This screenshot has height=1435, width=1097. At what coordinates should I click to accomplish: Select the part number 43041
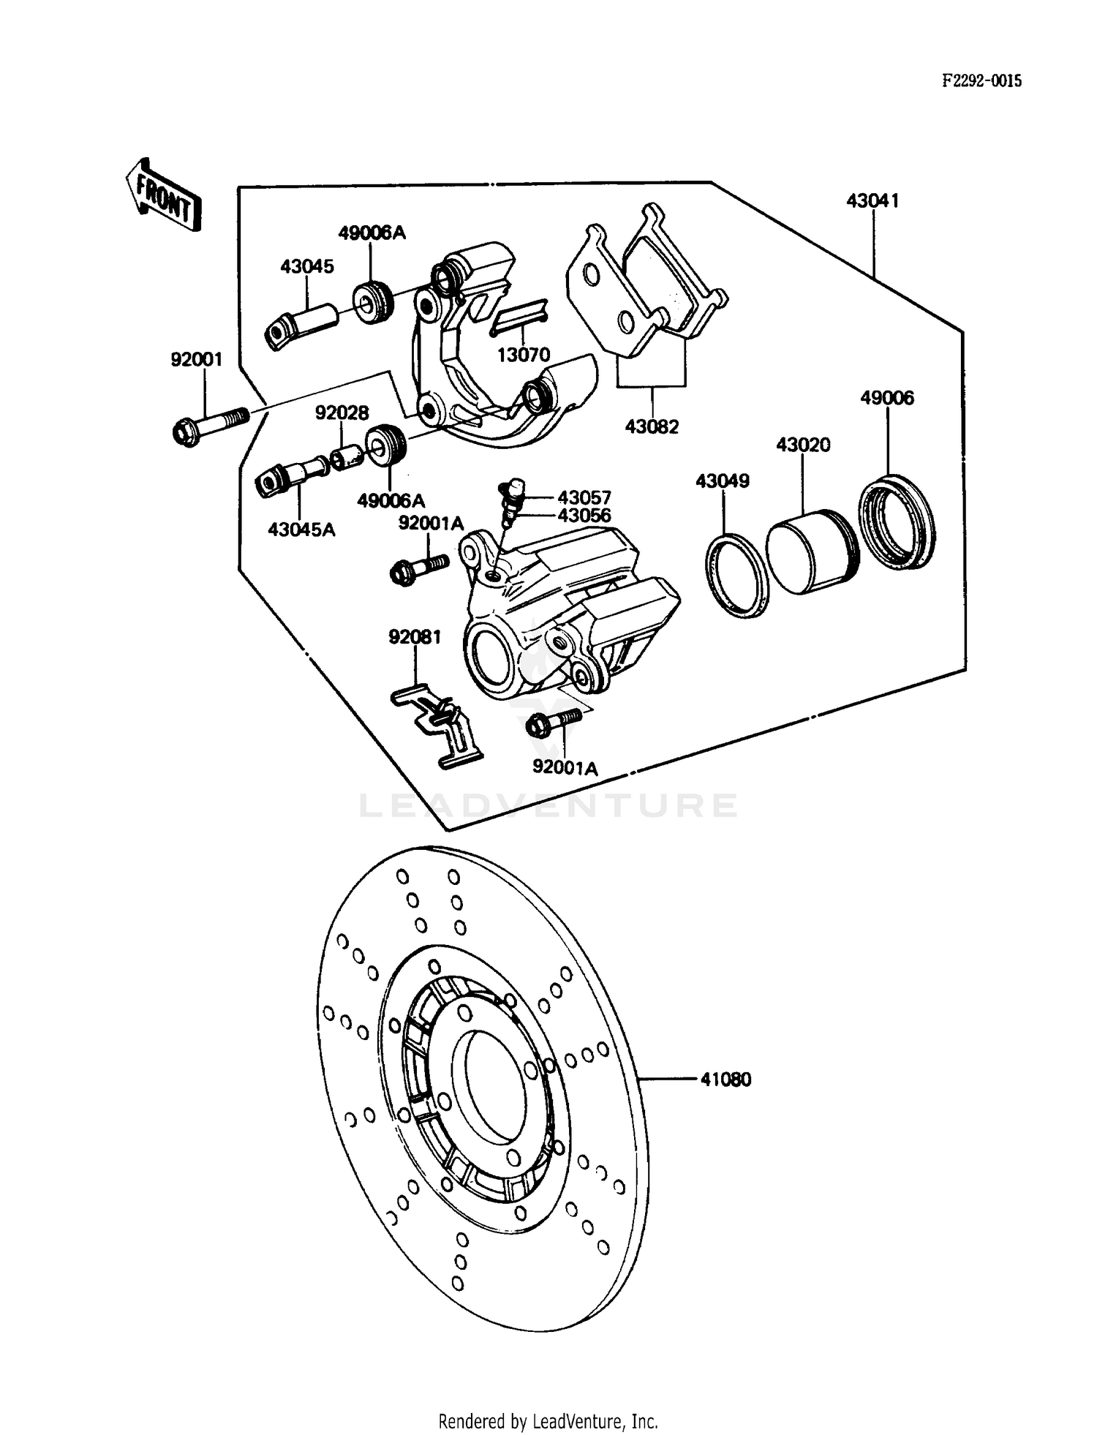[x=872, y=200]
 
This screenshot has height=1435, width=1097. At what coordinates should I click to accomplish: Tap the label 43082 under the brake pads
[x=652, y=426]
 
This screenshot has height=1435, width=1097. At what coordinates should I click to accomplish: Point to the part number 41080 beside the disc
[x=725, y=1080]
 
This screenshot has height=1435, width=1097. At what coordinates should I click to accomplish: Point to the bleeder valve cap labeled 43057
[x=516, y=487]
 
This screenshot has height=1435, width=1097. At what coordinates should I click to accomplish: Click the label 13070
[x=523, y=355]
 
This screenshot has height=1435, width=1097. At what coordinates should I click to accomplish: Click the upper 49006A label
[x=372, y=233]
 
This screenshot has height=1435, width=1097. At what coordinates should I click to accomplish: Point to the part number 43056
[x=584, y=515]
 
